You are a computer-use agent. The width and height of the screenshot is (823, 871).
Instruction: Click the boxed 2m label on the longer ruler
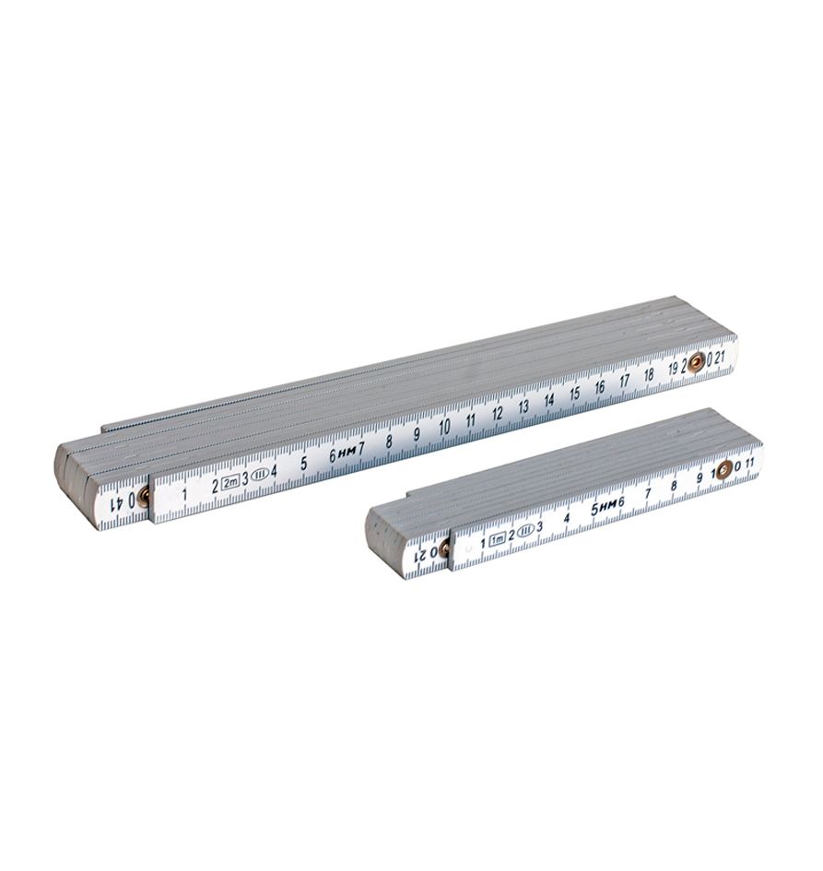point(229,482)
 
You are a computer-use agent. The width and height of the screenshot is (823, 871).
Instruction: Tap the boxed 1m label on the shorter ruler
point(497,537)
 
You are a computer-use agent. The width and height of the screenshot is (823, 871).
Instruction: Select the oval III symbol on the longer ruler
point(260,476)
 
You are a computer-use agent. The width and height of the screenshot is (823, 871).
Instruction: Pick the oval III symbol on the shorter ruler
point(525,531)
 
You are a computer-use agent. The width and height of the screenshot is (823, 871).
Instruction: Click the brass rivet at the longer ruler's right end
point(695,364)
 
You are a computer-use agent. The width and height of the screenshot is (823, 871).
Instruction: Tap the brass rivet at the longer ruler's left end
point(144,496)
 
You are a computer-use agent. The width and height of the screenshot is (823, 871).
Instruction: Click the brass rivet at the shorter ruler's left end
point(443,548)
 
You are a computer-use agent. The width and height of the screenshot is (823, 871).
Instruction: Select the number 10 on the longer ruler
point(444,427)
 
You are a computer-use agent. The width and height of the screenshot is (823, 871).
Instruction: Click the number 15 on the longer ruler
point(574,394)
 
